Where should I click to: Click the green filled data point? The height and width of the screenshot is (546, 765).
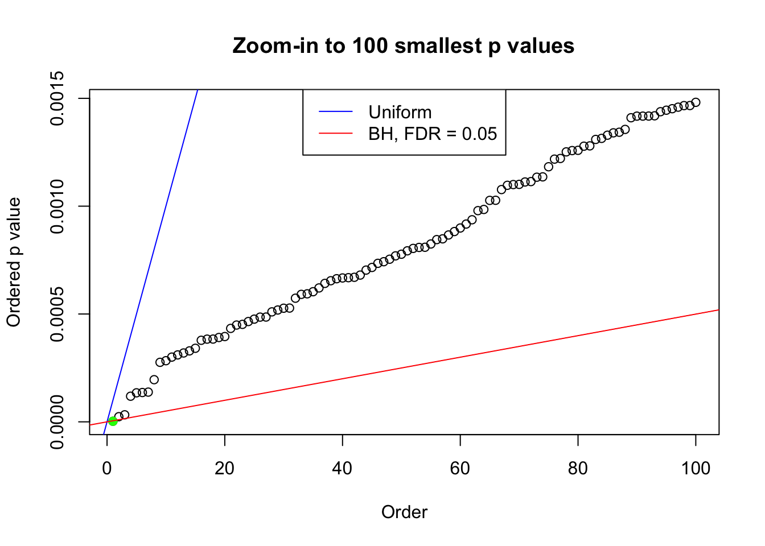pos(113,421)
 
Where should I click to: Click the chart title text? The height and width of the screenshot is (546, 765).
pos(403,45)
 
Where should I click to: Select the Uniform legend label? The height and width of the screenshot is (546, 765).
pos(400,112)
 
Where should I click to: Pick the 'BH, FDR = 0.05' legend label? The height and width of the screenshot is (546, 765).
pos(433,134)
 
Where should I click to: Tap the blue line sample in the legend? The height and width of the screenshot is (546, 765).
pos(335,112)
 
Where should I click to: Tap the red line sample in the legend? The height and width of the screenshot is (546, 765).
pos(335,134)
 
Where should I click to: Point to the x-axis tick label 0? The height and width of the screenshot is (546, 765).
pos(107,468)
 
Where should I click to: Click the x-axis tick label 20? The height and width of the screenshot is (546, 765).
pos(225,468)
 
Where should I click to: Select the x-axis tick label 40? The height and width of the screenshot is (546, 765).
pos(343,468)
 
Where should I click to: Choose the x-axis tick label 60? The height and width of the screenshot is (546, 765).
pos(460,468)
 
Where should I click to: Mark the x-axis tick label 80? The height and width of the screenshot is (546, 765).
pos(578,468)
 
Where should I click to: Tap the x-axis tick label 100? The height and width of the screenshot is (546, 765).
pos(696,468)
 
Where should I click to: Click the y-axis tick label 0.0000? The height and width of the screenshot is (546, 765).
pos(57,422)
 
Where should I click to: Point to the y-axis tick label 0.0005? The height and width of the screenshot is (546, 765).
pos(57,314)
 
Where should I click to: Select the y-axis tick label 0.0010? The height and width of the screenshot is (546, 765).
pos(57,206)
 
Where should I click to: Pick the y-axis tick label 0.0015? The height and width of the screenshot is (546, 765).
pos(57,98)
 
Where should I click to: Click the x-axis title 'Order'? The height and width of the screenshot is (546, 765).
pos(404,512)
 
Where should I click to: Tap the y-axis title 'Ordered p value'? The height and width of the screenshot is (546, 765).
pos(14,262)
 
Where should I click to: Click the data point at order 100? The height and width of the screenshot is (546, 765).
pos(696,102)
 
